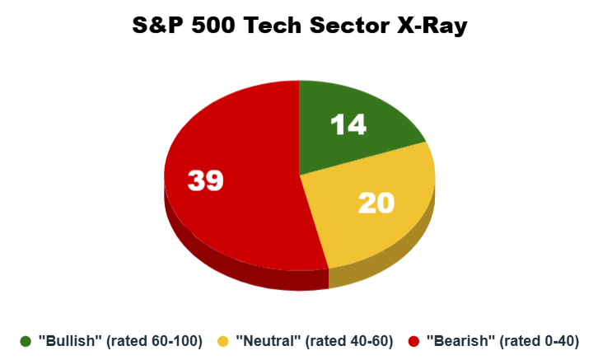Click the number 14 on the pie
coord(348,124)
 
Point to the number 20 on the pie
coord(376,203)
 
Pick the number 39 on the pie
coord(206,180)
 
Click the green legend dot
coord(26,341)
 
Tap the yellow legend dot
coord(222,341)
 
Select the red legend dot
coord(413,341)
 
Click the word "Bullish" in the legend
coord(70,340)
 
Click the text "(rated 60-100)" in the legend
coord(155,341)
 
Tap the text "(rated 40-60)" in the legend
coord(349,341)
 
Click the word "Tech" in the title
coord(273,26)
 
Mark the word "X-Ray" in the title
coord(432,26)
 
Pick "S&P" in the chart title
coord(158,26)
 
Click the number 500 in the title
coord(213,26)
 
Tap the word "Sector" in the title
coord(350,26)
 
